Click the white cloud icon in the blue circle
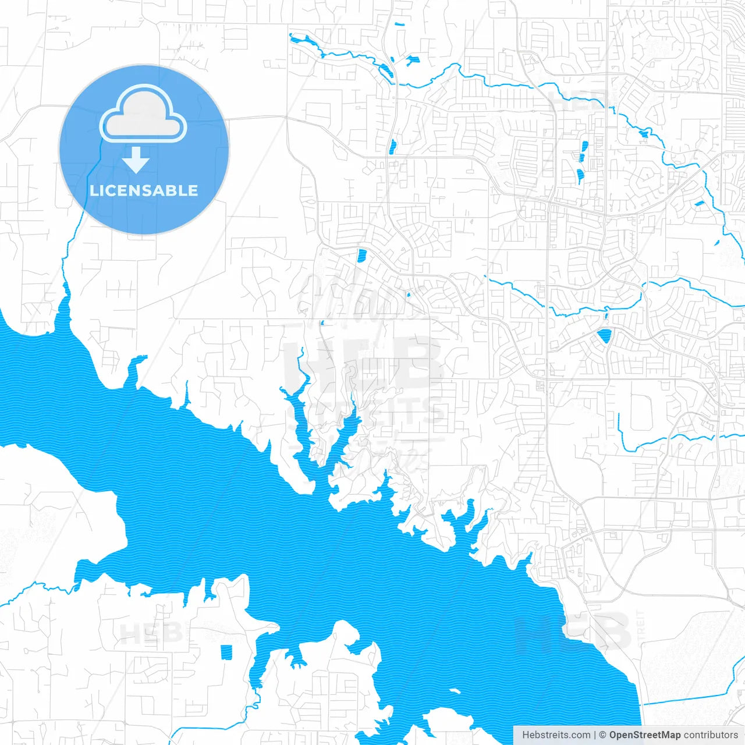click(143, 114)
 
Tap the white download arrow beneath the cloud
click(136, 160)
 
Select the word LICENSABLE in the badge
click(144, 190)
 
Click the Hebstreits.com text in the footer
click(556, 735)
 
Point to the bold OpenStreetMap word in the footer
click(645, 735)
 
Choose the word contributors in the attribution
click(710, 735)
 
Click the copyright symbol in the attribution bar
click(603, 735)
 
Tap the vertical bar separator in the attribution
click(595, 735)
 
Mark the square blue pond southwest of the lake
click(226, 652)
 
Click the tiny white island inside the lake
click(455, 691)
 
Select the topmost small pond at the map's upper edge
click(398, 24)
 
